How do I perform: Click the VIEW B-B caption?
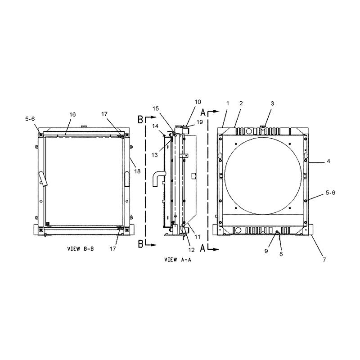pos(81,249)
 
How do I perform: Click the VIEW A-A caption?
pos(177,260)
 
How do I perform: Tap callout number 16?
pos(72,114)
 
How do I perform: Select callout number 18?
pos(137,171)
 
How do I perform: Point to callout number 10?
pos(198,102)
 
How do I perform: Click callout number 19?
pos(200,122)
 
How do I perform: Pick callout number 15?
pos(156,108)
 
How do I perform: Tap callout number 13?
pos(155,155)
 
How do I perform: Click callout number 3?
pos(272,103)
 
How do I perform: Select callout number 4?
pos(328,161)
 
